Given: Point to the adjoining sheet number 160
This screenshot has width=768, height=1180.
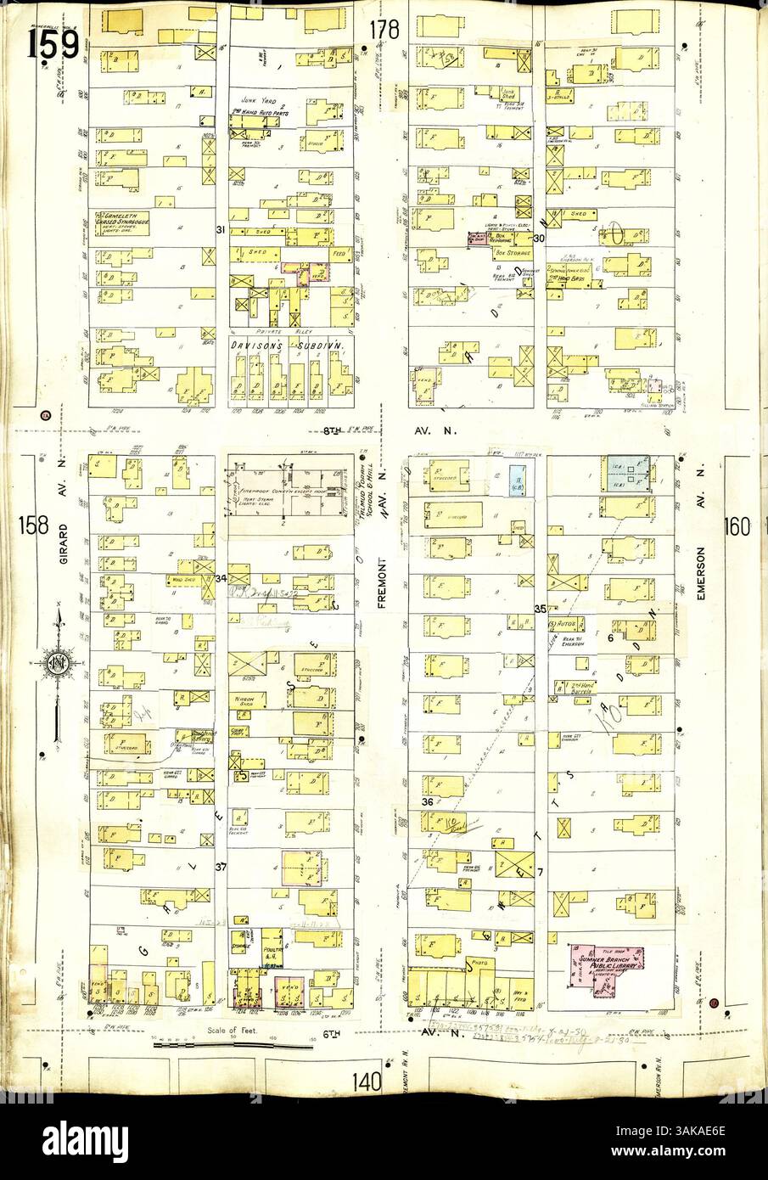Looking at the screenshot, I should coord(737,526).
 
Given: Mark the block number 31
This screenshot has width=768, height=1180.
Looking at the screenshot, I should coord(219,229).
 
